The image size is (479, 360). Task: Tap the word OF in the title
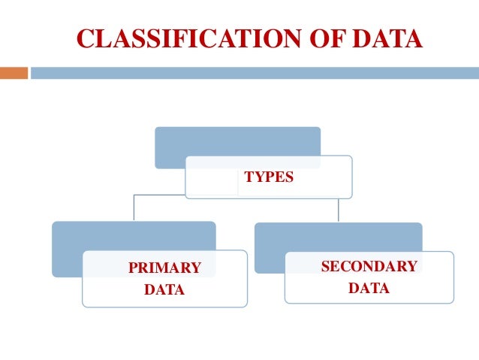click(x=313, y=38)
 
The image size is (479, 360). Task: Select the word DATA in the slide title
click(x=384, y=38)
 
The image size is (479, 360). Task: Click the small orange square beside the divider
click(x=14, y=73)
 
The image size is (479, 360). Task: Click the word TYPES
click(x=269, y=178)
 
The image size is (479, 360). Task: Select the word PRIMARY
click(x=164, y=268)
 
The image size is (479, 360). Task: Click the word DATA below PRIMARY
click(x=164, y=289)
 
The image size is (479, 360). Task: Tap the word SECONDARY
click(x=369, y=266)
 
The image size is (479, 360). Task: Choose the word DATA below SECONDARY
click(x=369, y=287)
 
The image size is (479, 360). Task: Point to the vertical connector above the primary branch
click(x=134, y=208)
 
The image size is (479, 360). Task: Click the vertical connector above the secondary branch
click(x=339, y=210)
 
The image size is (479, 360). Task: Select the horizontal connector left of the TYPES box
click(x=159, y=195)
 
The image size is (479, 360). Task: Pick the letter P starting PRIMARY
click(x=133, y=268)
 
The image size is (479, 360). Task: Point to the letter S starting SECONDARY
click(x=325, y=266)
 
